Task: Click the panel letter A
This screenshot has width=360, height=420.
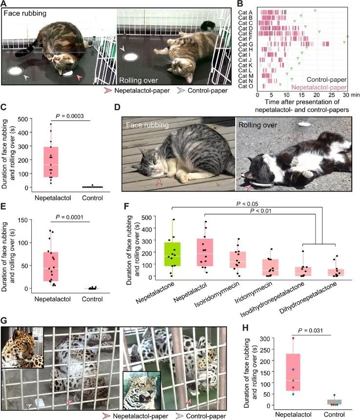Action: click(4, 4)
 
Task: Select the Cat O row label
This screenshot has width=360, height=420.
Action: click(246, 86)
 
